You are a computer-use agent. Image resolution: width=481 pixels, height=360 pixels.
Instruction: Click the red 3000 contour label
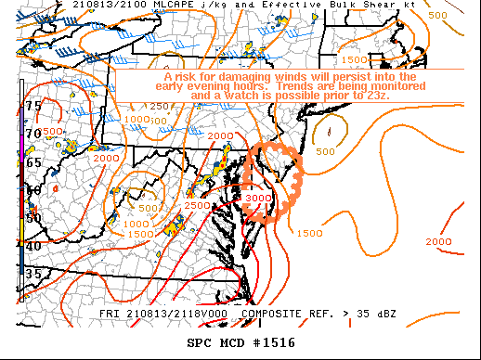point(258,198)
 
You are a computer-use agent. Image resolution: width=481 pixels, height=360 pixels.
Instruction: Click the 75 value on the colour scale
point(33,106)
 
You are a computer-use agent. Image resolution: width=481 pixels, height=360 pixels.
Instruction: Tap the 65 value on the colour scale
point(33,162)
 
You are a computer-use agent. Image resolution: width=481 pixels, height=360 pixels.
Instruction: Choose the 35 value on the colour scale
point(33,274)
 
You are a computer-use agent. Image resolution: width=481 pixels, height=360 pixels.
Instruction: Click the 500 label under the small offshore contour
point(325,151)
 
